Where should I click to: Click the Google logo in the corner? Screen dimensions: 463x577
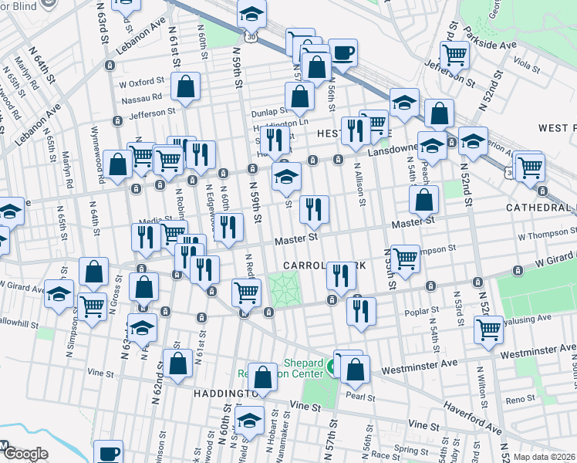point(25,455)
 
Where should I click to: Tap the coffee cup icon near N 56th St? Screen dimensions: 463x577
point(343,53)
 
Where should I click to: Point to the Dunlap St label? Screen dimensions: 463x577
point(270,110)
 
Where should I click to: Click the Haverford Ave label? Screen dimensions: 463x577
point(472,417)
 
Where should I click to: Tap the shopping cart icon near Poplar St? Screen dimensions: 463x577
point(489,328)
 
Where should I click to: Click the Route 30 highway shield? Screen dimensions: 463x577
point(248,37)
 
